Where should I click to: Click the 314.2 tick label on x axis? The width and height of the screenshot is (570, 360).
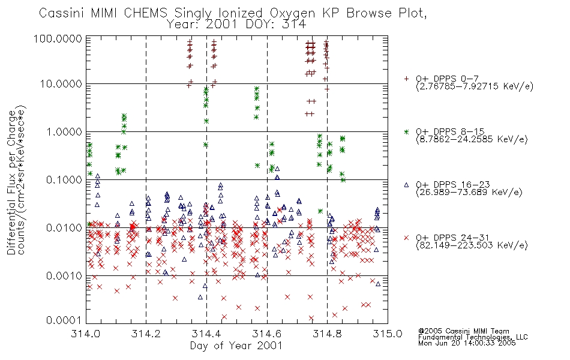(146, 333)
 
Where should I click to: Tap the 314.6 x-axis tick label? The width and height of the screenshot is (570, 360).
(267, 333)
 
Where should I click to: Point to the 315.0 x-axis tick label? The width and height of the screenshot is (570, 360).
(388, 333)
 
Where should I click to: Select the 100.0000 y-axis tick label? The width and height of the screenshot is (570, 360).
(58, 38)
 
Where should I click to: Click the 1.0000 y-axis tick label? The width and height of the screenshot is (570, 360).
(64, 131)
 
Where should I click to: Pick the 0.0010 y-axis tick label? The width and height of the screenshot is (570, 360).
(64, 276)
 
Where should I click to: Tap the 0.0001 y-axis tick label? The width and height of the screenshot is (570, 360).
(64, 320)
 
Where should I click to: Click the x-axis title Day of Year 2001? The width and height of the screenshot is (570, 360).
(236, 346)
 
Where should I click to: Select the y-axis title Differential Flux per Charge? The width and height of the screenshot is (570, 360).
(11, 182)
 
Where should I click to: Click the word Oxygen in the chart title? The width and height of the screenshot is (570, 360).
(292, 13)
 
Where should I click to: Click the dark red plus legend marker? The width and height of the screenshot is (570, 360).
(406, 79)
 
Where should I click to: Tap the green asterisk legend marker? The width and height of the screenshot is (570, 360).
(406, 131)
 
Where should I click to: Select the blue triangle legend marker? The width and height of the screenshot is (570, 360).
(406, 185)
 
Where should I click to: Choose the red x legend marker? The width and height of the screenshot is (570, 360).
(406, 238)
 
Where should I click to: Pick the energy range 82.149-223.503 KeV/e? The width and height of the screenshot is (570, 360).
(472, 245)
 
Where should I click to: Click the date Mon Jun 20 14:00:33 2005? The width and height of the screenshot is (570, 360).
(467, 343)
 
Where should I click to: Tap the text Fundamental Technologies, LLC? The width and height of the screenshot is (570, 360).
(473, 337)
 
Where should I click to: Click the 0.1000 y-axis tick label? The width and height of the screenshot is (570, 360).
(64, 180)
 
